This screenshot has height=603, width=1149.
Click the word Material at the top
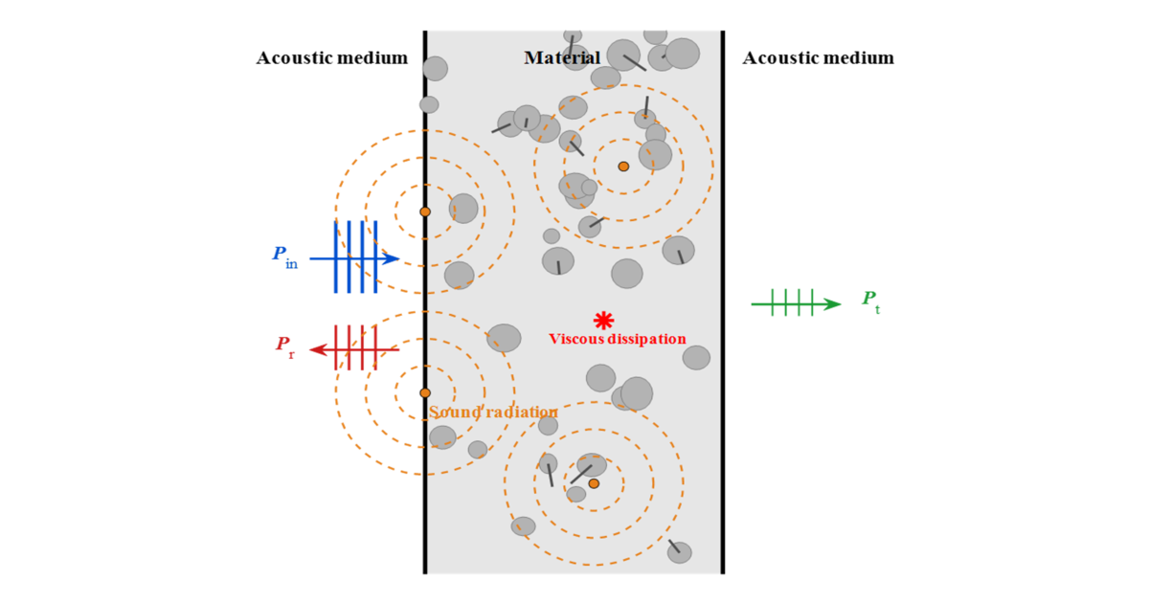562,58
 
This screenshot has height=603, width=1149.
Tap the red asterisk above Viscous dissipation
603,321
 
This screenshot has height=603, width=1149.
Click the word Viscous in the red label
577,339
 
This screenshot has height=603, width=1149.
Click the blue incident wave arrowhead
391,258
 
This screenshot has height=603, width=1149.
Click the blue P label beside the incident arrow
283,256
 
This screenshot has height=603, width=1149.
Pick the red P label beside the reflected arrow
285,346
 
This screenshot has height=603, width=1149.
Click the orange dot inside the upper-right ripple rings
623,167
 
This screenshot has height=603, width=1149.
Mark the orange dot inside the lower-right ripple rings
594,483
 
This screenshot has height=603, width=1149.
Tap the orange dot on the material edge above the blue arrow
425,212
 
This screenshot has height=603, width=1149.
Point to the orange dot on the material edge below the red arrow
425,392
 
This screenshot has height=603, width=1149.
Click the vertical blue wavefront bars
355,257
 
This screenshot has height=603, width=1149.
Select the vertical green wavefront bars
792,302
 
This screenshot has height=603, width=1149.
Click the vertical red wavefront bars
355,347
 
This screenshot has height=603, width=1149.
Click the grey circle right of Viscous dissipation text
696,358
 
